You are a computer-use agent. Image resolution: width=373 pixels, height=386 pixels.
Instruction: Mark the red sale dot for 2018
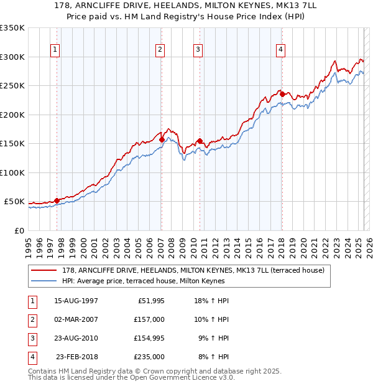click(282, 95)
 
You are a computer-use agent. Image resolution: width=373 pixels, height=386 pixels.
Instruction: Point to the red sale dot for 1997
click(57, 200)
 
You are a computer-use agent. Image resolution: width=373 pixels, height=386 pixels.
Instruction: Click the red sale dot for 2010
click(200, 141)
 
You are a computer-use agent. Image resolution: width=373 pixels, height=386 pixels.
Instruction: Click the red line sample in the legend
click(45, 271)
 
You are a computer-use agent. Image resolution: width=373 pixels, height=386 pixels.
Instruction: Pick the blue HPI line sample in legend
click(45, 281)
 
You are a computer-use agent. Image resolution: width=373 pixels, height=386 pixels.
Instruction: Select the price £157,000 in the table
click(149, 319)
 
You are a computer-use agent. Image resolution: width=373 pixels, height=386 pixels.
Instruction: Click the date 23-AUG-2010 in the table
click(76, 338)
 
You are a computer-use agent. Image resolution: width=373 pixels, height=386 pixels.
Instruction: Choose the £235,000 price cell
click(149, 357)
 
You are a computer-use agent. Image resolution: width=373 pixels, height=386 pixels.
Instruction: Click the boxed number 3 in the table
click(30, 338)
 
